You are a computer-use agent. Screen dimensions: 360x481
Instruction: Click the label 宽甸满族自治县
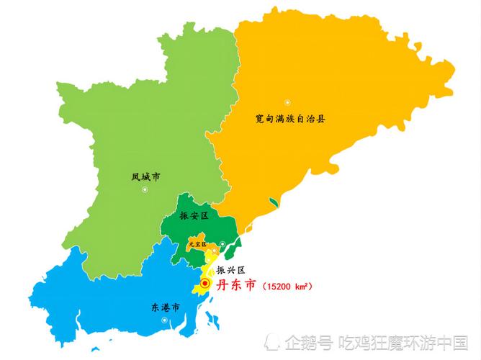click(x=291, y=118)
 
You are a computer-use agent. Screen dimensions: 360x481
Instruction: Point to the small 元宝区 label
click(x=196, y=245)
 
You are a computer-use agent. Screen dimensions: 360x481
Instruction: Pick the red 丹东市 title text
click(x=236, y=285)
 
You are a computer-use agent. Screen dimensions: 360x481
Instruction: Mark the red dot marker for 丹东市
click(x=205, y=285)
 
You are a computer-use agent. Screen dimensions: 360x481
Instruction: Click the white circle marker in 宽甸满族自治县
click(x=287, y=102)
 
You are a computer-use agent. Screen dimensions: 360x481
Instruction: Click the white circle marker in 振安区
click(x=223, y=243)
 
